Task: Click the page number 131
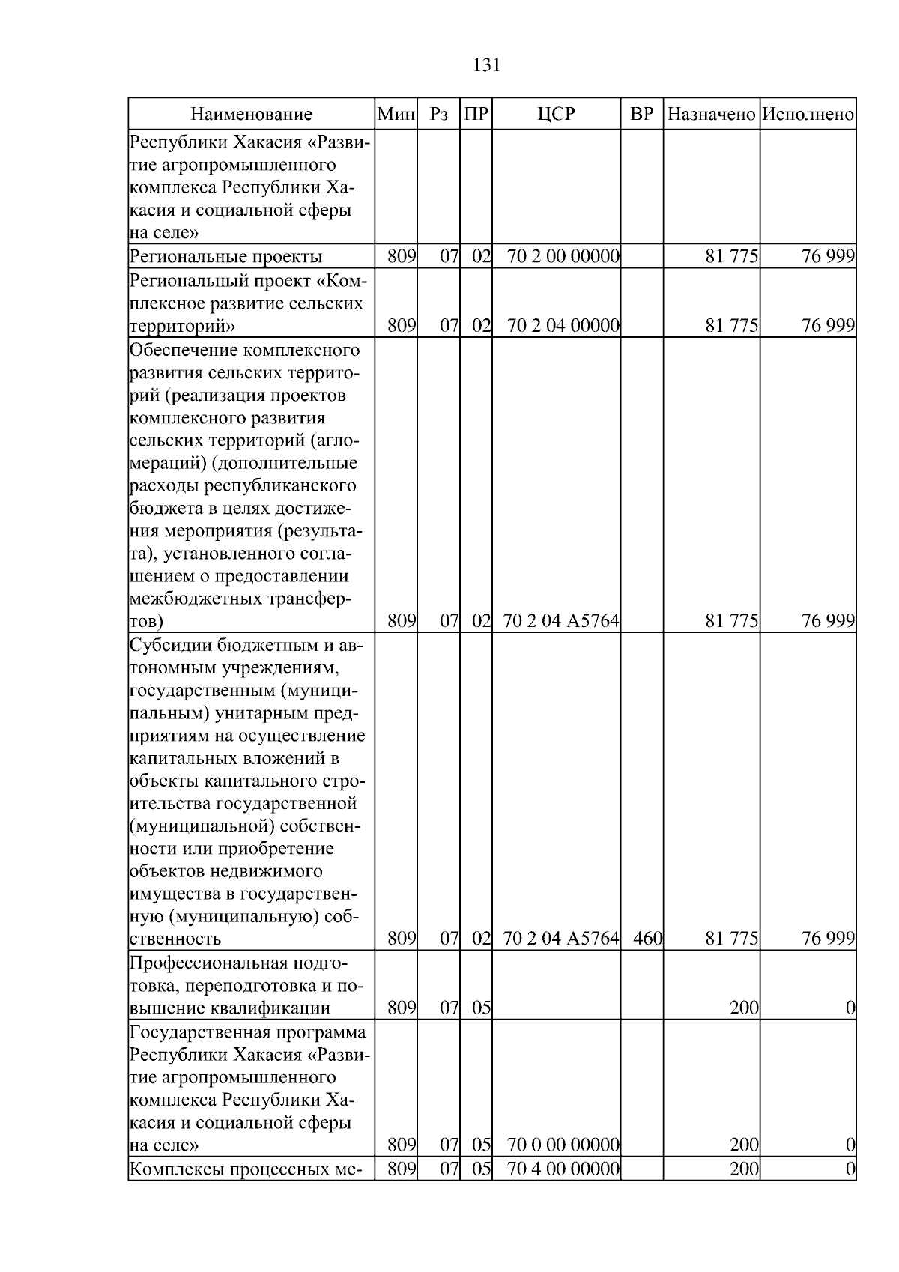click(486, 65)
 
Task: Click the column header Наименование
click(251, 115)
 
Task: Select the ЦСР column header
click(556, 115)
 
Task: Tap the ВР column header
click(641, 115)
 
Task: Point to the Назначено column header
click(711, 115)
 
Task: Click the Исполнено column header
click(808, 115)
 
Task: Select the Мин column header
click(396, 115)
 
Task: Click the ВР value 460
click(647, 938)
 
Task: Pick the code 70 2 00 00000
click(563, 257)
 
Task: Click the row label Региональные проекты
click(225, 257)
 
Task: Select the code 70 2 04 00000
click(563, 326)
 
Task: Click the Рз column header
click(439, 115)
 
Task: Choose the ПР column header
click(476, 115)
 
